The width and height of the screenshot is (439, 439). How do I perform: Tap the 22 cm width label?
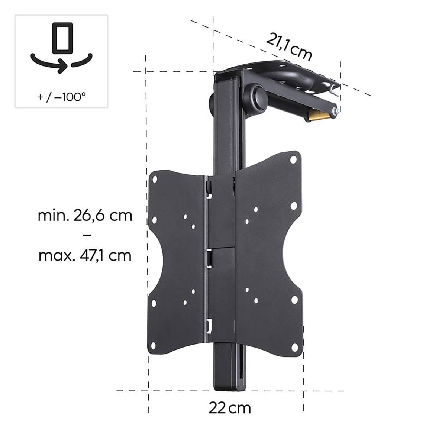pyautogui.click(x=229, y=408)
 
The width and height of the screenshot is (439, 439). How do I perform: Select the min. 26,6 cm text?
pyautogui.click(x=85, y=216)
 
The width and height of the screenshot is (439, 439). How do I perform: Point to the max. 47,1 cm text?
pyautogui.click(x=85, y=255)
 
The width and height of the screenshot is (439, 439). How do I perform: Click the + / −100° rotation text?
pyautogui.click(x=61, y=97)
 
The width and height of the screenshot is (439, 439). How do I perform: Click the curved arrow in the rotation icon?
pyautogui.click(x=62, y=64)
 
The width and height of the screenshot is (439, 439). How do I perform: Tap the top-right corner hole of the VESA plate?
pyautogui.click(x=293, y=160)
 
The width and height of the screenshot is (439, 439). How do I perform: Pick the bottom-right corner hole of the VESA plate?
pyautogui.click(x=294, y=347)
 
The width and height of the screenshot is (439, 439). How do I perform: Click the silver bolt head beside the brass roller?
pyautogui.click(x=336, y=111)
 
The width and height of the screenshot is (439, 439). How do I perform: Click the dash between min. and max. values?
pyautogui.click(x=85, y=236)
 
